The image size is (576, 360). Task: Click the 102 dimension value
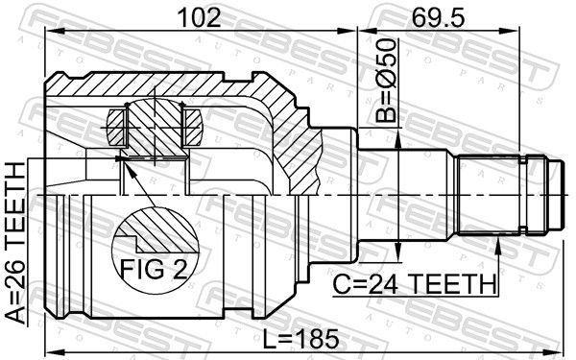click(x=199, y=17)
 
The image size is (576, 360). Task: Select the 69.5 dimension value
click(x=438, y=17)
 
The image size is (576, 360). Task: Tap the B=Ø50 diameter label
click(x=387, y=80)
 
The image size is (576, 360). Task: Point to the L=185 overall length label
click(x=301, y=339)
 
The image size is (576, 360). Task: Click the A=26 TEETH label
click(x=15, y=243)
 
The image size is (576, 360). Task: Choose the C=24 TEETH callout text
click(x=414, y=284)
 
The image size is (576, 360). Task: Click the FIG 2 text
click(x=155, y=270)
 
